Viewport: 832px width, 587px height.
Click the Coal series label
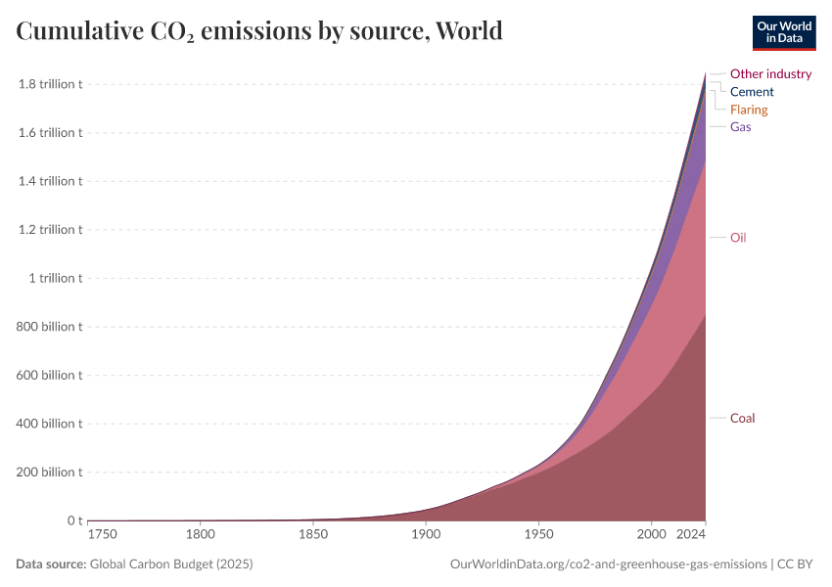point(742,419)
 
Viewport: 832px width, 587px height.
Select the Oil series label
point(738,238)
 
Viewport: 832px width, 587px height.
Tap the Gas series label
point(740,127)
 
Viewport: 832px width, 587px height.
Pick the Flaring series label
point(749,110)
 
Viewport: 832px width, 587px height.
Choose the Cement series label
point(752,92)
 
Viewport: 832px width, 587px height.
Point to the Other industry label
point(770,74)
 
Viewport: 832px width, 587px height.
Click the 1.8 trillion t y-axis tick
point(50,84)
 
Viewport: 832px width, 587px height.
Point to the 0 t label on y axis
point(73,520)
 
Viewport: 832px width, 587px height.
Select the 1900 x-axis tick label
point(425,534)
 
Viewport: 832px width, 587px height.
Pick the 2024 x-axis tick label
point(691,534)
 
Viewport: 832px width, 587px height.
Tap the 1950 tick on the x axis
point(537,534)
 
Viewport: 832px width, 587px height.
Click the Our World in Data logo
point(783,31)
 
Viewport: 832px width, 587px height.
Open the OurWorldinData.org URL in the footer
point(608,564)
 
